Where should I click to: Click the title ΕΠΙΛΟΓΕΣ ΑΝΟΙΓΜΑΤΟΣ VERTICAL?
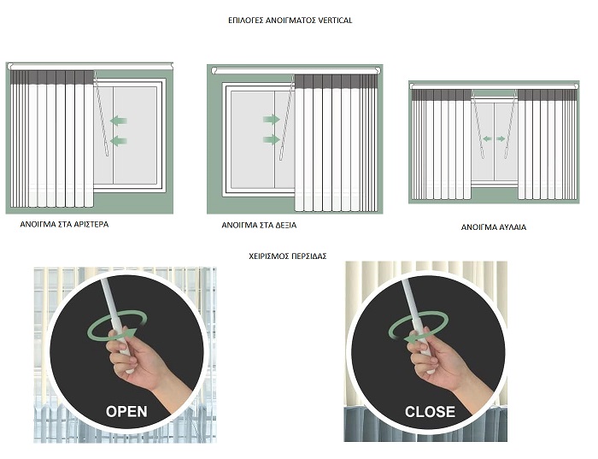[x=290, y=21]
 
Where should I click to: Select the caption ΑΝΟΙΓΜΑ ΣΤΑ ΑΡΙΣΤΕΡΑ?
[x=64, y=224]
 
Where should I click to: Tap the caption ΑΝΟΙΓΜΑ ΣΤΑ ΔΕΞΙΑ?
[x=259, y=226]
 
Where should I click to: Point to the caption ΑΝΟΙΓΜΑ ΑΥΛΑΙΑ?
[x=494, y=227]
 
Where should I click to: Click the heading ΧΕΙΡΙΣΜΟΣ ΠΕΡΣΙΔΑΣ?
[x=288, y=256]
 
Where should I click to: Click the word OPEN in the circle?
[x=126, y=412]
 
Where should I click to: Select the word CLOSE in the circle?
[x=430, y=412]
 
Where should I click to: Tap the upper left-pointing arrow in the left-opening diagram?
[x=119, y=121]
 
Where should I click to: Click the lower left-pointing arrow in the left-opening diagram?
[x=119, y=141]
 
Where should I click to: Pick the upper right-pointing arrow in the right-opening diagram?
[x=272, y=120]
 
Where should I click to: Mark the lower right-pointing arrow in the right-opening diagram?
[x=272, y=139]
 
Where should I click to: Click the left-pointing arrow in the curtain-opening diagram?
[x=487, y=139]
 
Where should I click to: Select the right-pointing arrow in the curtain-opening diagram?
[x=501, y=139]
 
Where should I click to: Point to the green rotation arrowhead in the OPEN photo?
[x=131, y=332]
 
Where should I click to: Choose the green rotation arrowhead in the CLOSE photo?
[x=410, y=339]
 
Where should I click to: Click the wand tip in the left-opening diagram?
[x=107, y=153]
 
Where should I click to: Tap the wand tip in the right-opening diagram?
[x=281, y=157]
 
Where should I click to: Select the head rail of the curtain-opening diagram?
[x=495, y=86]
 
